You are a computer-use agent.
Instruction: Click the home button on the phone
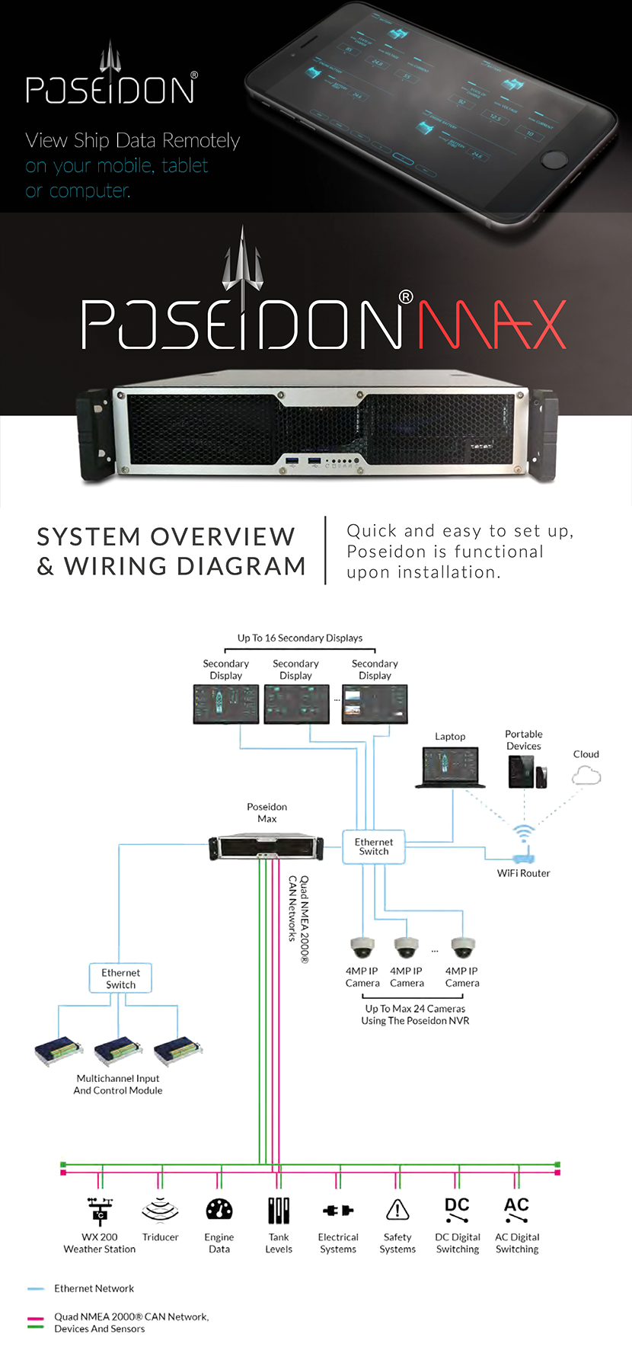(x=554, y=159)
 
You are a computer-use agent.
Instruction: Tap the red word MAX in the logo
(x=492, y=325)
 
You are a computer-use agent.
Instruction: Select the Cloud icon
(x=586, y=776)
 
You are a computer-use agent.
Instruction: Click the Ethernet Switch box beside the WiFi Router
(x=374, y=847)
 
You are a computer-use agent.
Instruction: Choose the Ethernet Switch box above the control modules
(x=121, y=978)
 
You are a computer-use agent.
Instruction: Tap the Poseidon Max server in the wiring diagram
(x=266, y=846)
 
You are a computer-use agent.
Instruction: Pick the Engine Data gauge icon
(x=219, y=1210)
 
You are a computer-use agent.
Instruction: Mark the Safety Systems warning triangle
(x=397, y=1210)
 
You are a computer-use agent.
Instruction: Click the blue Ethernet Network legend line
(x=36, y=1289)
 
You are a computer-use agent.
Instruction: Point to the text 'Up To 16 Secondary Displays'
(x=300, y=638)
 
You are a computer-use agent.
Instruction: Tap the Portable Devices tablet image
(x=522, y=772)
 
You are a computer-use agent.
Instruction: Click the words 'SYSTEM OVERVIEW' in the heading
(x=166, y=536)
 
